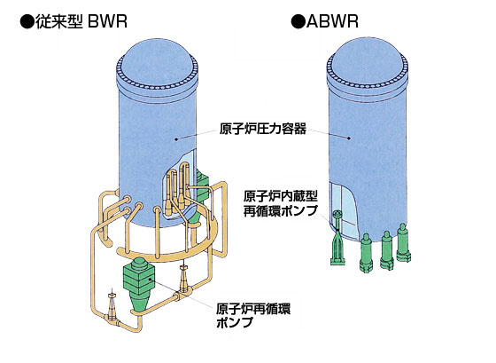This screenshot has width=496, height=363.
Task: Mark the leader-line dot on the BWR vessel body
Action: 176,138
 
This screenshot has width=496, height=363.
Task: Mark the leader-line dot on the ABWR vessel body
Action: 350,138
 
